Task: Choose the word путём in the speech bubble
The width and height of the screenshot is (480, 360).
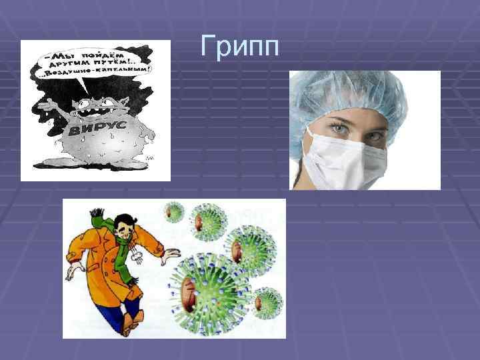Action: [114, 59]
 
